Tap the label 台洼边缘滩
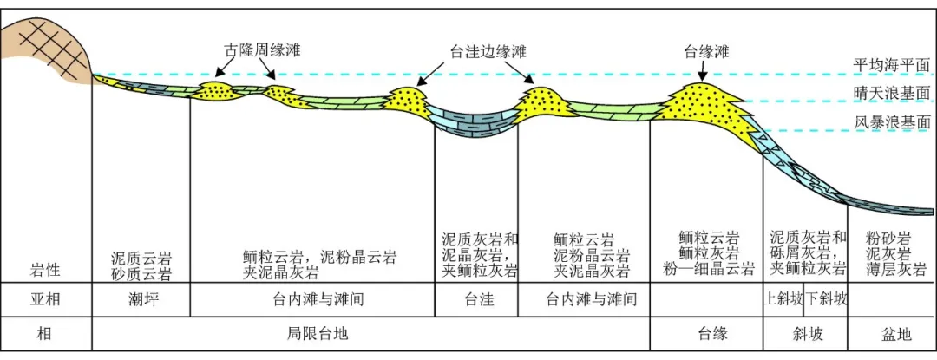(488, 52)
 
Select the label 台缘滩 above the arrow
(706, 52)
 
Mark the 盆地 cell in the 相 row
(891, 333)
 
